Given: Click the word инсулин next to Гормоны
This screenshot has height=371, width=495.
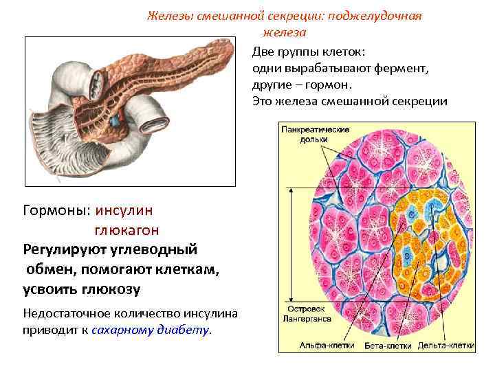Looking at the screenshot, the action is [x=125, y=209].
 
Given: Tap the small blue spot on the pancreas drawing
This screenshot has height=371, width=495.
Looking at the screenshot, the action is [x=116, y=119].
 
